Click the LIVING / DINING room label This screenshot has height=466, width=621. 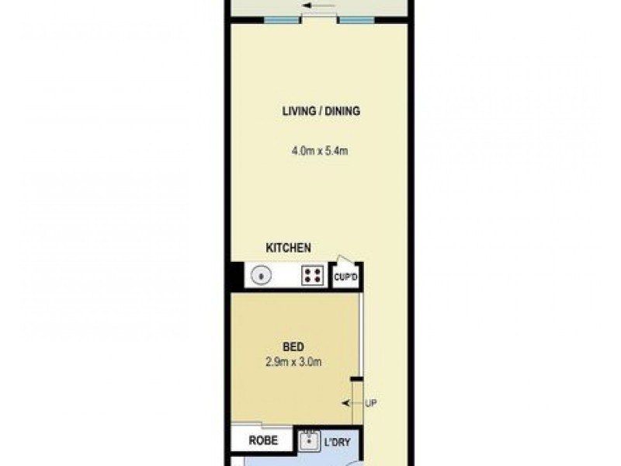pyautogui.click(x=321, y=111)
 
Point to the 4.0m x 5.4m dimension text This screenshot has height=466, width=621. pyautogui.click(x=320, y=151)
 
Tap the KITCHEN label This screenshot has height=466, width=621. pyautogui.click(x=288, y=248)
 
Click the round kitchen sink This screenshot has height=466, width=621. pyautogui.click(x=261, y=276)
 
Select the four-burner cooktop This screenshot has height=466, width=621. pyautogui.click(x=313, y=276)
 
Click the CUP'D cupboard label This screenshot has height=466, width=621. pyautogui.click(x=345, y=277)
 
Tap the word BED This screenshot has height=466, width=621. pyautogui.click(x=293, y=347)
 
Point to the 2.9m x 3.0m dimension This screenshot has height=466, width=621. pyautogui.click(x=293, y=362)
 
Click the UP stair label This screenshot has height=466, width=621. pyautogui.click(x=371, y=403)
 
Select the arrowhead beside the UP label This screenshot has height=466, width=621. pyautogui.click(x=346, y=403)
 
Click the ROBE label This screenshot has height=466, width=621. pyautogui.click(x=263, y=440)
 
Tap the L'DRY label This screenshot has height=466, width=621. pyautogui.click(x=338, y=442)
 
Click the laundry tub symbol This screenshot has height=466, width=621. pyautogui.click(x=310, y=441)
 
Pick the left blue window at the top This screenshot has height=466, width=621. pyautogui.click(x=281, y=20)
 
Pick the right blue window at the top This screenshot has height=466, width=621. pyautogui.click(x=357, y=20)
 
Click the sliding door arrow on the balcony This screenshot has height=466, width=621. pyautogui.click(x=318, y=5)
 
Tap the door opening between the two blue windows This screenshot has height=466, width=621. pyautogui.click(x=319, y=18)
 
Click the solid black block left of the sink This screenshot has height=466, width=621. pyautogui.click(x=237, y=275)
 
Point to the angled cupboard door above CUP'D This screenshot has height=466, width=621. pyautogui.click(x=345, y=259)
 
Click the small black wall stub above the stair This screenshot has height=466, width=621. pyautogui.click(x=357, y=380)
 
